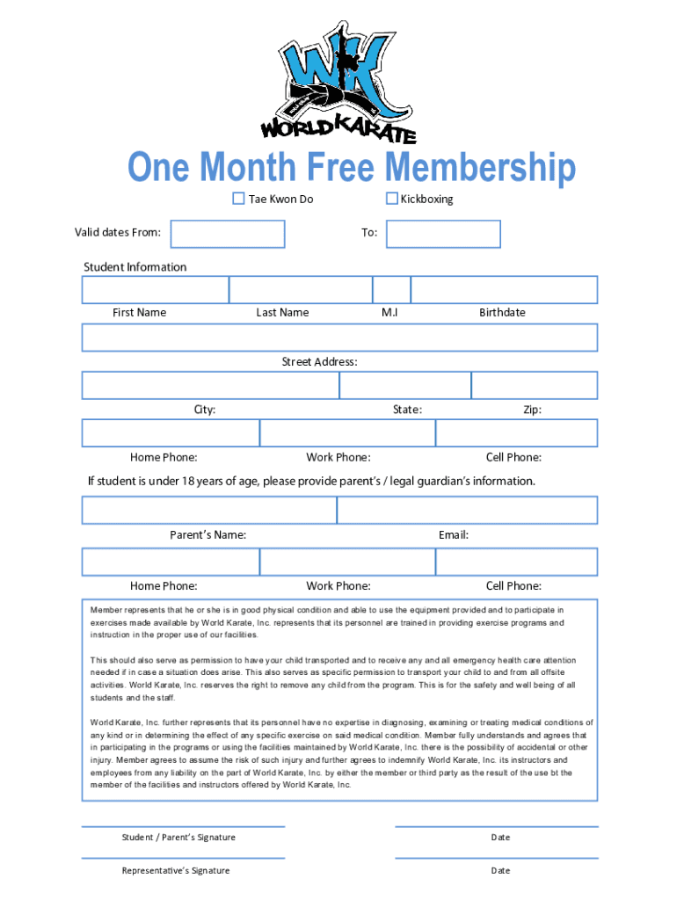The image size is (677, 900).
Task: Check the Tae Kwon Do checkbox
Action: coord(238,199)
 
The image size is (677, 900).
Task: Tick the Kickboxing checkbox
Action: coord(392,199)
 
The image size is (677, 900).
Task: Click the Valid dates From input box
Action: coord(228,234)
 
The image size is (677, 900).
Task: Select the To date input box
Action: coord(443,234)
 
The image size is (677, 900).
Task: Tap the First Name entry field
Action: coord(156,290)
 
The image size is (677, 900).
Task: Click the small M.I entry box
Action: coord(391,290)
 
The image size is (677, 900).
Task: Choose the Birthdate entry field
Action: coord(504,290)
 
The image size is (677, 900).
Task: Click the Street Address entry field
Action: coord(339,337)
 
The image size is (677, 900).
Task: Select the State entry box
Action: coord(405,386)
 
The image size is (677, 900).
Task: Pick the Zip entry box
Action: coord(534,386)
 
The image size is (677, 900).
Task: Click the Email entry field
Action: coord(467,511)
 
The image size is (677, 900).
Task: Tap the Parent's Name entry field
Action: coord(209,511)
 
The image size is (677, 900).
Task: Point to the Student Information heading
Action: coord(135,267)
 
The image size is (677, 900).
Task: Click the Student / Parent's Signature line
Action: coord(183,826)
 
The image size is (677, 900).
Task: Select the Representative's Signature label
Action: coord(176,870)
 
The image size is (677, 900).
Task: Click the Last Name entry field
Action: coord(301,290)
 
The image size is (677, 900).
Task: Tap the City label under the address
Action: coord(205,410)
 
